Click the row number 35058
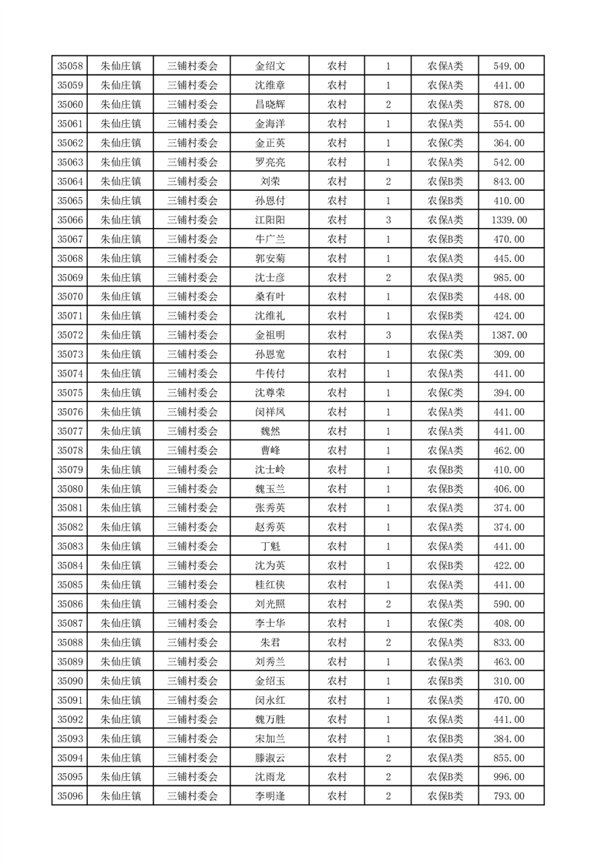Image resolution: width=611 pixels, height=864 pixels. pos(70,66)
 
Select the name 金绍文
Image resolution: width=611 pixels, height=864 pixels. pos(270,66)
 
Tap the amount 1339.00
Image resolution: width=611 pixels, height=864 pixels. pos(509,220)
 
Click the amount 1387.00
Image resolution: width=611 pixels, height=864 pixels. pos(509,335)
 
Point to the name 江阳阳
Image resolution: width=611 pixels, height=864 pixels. pos(270,220)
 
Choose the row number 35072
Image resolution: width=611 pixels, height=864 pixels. pos(70,335)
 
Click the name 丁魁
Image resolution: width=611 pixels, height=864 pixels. pos(270,546)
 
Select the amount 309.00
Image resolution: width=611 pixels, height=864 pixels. pos(509,354)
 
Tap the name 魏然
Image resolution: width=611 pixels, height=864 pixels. pos(270,431)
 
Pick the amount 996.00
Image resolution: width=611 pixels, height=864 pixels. pos(509,777)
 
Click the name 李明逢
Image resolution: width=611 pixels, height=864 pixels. pos(270,796)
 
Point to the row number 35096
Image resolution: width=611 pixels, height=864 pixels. pos(70,796)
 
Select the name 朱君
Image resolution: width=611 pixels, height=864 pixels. pos(270,642)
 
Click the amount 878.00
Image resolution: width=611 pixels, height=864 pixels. pos(509,105)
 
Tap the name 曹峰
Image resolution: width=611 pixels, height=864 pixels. pos(270,450)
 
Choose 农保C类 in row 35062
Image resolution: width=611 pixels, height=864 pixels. pos(445,143)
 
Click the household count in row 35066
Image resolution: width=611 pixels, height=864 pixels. pos(388,220)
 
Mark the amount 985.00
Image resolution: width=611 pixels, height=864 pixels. pos(509,277)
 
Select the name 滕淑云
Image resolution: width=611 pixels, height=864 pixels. pos(270,758)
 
